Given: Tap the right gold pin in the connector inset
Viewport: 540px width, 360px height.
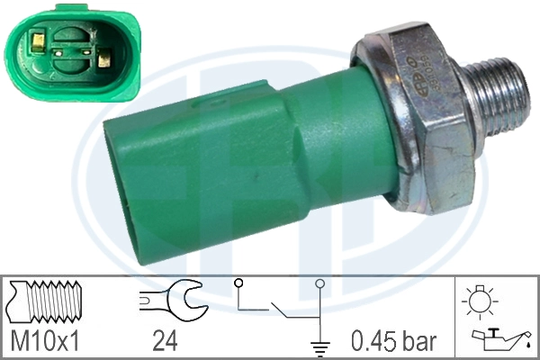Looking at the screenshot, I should coord(104,62).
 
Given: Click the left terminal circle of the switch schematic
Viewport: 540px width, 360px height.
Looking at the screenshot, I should coord(238,285).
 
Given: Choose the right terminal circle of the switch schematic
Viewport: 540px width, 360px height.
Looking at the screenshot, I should coord(320,285).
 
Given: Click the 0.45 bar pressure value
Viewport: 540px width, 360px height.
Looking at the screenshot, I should coord(392,341).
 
